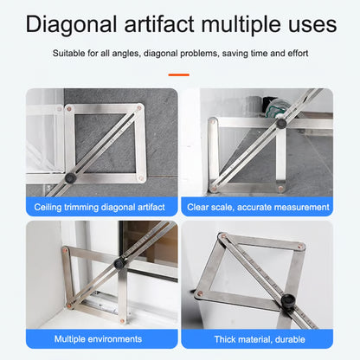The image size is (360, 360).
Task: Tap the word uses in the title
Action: (x=304, y=22)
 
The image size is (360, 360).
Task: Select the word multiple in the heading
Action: (x=234, y=22)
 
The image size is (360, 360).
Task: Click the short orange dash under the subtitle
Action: (x=179, y=74)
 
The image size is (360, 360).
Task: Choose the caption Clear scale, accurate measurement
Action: (x=257, y=208)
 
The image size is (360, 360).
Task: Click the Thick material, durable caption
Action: (x=257, y=339)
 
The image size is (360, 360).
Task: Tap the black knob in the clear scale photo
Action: (x=281, y=124)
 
